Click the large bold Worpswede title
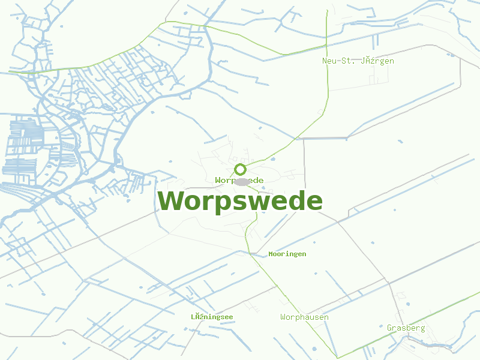240,201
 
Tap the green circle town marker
240,169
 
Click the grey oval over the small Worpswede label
241,181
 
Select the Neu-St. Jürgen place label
358,61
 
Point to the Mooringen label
287,254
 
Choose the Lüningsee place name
212,317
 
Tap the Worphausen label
304,317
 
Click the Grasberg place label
406,328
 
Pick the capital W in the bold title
170,201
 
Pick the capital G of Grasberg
389,328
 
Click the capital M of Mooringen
271,254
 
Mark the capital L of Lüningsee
193,317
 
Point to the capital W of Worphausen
283,317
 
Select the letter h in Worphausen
304,317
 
